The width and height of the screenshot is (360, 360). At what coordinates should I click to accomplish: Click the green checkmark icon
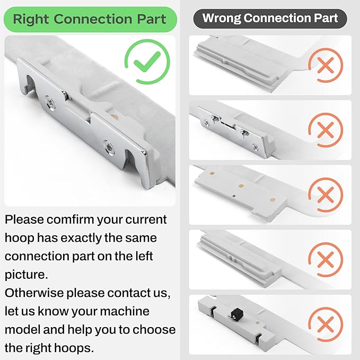click(x=147, y=62)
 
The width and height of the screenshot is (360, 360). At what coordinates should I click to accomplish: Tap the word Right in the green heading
click(x=31, y=19)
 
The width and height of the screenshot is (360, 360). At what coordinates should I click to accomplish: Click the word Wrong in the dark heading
click(x=222, y=18)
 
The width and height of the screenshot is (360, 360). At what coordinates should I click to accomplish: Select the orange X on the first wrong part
click(x=326, y=65)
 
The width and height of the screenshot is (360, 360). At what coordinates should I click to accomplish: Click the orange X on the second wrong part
click(x=326, y=130)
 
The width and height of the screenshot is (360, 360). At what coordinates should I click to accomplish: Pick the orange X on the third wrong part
click(x=326, y=195)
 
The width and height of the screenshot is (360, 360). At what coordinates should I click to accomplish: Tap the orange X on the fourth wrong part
click(x=326, y=259)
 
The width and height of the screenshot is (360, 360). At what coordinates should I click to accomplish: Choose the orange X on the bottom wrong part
click(x=326, y=324)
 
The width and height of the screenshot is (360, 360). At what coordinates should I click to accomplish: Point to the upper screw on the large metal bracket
click(x=50, y=103)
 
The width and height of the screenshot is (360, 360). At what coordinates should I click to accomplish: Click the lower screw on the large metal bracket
click(x=108, y=147)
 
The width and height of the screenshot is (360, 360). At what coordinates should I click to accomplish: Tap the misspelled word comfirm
click(x=71, y=219)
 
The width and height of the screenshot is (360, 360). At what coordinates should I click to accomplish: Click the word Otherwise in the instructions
click(x=34, y=293)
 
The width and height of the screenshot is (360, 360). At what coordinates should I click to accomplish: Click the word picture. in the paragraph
click(x=27, y=275)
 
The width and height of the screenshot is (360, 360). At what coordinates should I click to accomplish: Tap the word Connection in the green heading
click(x=93, y=19)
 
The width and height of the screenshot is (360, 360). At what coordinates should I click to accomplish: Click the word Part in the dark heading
click(x=326, y=18)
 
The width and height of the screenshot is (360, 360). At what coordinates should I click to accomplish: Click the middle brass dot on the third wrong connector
click(x=241, y=186)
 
